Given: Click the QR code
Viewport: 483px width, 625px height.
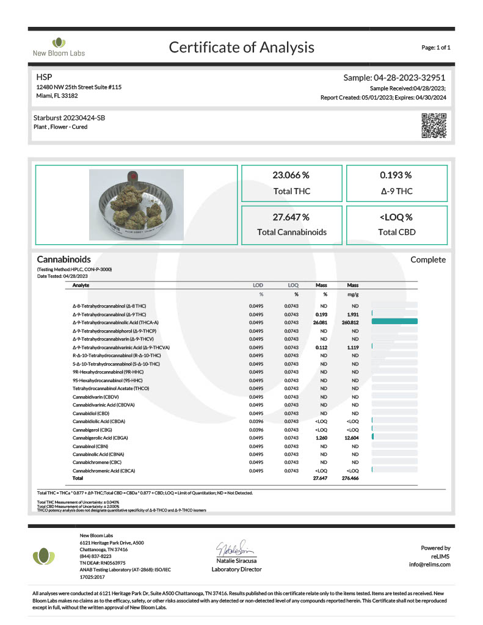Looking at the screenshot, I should tap(434, 125).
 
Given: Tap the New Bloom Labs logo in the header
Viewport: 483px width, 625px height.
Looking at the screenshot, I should tap(59, 47).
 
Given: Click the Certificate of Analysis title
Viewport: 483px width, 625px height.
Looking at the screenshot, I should tap(241, 47).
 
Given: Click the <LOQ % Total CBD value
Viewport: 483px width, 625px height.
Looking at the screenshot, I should tap(396, 217).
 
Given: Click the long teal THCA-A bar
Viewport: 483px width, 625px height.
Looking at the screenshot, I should tap(394, 322).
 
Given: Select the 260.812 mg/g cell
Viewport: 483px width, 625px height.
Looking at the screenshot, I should tap(352, 322).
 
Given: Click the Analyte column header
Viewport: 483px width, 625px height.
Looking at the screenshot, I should tap(81, 285).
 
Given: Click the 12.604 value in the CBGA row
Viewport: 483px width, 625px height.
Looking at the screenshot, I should tap(352, 438).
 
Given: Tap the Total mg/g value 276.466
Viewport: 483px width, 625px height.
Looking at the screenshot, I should tap(352, 479).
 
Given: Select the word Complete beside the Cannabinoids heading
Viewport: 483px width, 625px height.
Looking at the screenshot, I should tap(427, 259).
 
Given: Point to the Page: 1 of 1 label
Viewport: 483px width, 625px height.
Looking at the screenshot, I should tap(435, 47).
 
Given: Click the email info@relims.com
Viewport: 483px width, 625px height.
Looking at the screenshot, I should tap(429, 564).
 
